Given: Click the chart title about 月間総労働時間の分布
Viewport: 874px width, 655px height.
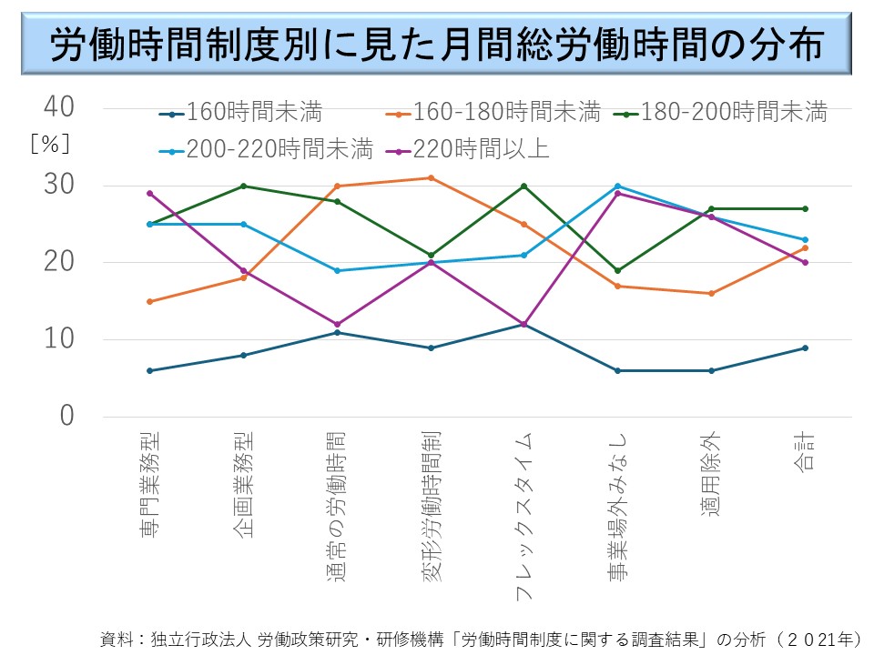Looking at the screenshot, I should (437, 44).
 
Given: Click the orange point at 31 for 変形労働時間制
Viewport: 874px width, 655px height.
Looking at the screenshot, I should (431, 177).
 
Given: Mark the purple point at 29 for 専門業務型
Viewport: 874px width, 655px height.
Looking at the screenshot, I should (150, 193).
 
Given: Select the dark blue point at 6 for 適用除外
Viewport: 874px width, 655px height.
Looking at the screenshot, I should (710, 370).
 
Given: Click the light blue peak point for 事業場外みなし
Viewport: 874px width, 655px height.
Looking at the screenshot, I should (617, 186).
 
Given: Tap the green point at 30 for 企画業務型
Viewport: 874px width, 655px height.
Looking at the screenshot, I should (244, 186).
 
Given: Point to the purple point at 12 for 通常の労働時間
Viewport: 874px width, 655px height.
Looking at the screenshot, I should (337, 324).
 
